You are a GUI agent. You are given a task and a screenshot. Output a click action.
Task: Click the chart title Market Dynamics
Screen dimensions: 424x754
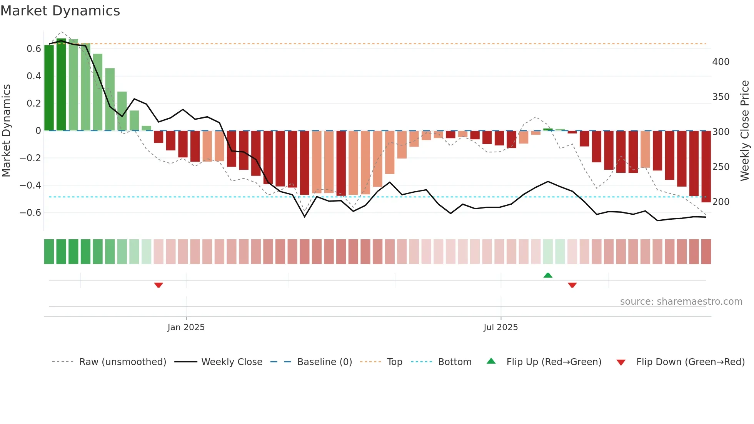coord(60,11)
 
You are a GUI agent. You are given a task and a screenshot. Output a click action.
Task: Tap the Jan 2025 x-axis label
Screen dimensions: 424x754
coord(186,327)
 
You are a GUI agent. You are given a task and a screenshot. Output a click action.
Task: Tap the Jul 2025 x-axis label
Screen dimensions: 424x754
coord(500,327)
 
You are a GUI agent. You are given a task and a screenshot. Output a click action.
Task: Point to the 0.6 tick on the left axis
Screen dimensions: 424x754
coord(34,49)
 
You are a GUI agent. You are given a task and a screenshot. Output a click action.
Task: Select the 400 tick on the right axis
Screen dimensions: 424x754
coord(721,62)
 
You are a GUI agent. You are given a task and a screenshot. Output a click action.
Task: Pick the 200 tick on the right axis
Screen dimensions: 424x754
coord(721,202)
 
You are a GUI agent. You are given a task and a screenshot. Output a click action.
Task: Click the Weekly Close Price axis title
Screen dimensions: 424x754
coord(745,131)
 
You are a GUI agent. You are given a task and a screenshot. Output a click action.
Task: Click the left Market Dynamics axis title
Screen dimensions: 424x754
coord(6,131)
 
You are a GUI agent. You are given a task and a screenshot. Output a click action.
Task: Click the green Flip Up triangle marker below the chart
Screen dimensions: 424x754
coord(548,275)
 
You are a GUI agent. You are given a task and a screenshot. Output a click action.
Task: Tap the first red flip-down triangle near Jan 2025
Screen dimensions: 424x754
coord(158,285)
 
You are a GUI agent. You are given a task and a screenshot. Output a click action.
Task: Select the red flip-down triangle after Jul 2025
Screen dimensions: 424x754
coord(572,285)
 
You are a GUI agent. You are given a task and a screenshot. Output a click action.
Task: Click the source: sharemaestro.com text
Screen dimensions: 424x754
coord(681,302)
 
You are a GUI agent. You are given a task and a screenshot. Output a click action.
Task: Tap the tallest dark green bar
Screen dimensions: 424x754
coord(61,85)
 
